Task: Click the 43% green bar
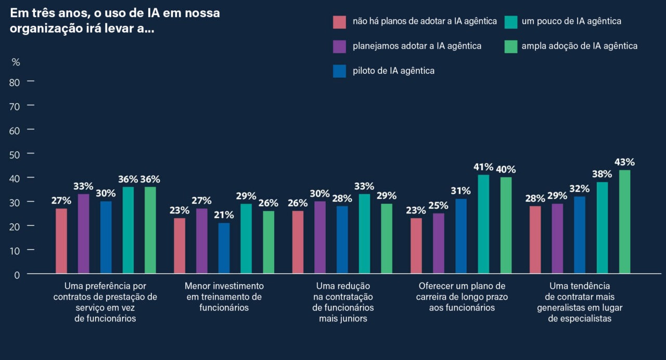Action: click(x=624, y=222)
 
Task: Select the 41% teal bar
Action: click(x=483, y=224)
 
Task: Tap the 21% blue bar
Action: click(x=224, y=248)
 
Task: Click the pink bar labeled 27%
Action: click(x=61, y=241)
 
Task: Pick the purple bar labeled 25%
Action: click(x=439, y=243)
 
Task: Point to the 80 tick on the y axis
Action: click(x=31, y=81)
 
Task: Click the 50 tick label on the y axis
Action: click(x=14, y=155)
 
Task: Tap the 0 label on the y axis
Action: click(x=17, y=275)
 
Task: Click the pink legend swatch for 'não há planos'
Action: click(x=339, y=22)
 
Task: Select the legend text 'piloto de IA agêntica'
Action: click(x=393, y=71)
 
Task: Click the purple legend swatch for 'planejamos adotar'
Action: click(x=339, y=47)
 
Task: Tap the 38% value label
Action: click(x=602, y=174)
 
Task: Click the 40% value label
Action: click(x=506, y=170)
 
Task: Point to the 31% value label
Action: click(x=460, y=190)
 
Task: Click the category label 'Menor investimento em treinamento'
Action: click(x=224, y=291)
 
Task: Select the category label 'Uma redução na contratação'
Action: click(x=343, y=291)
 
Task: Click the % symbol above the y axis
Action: click(x=16, y=62)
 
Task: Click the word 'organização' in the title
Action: click(x=46, y=29)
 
